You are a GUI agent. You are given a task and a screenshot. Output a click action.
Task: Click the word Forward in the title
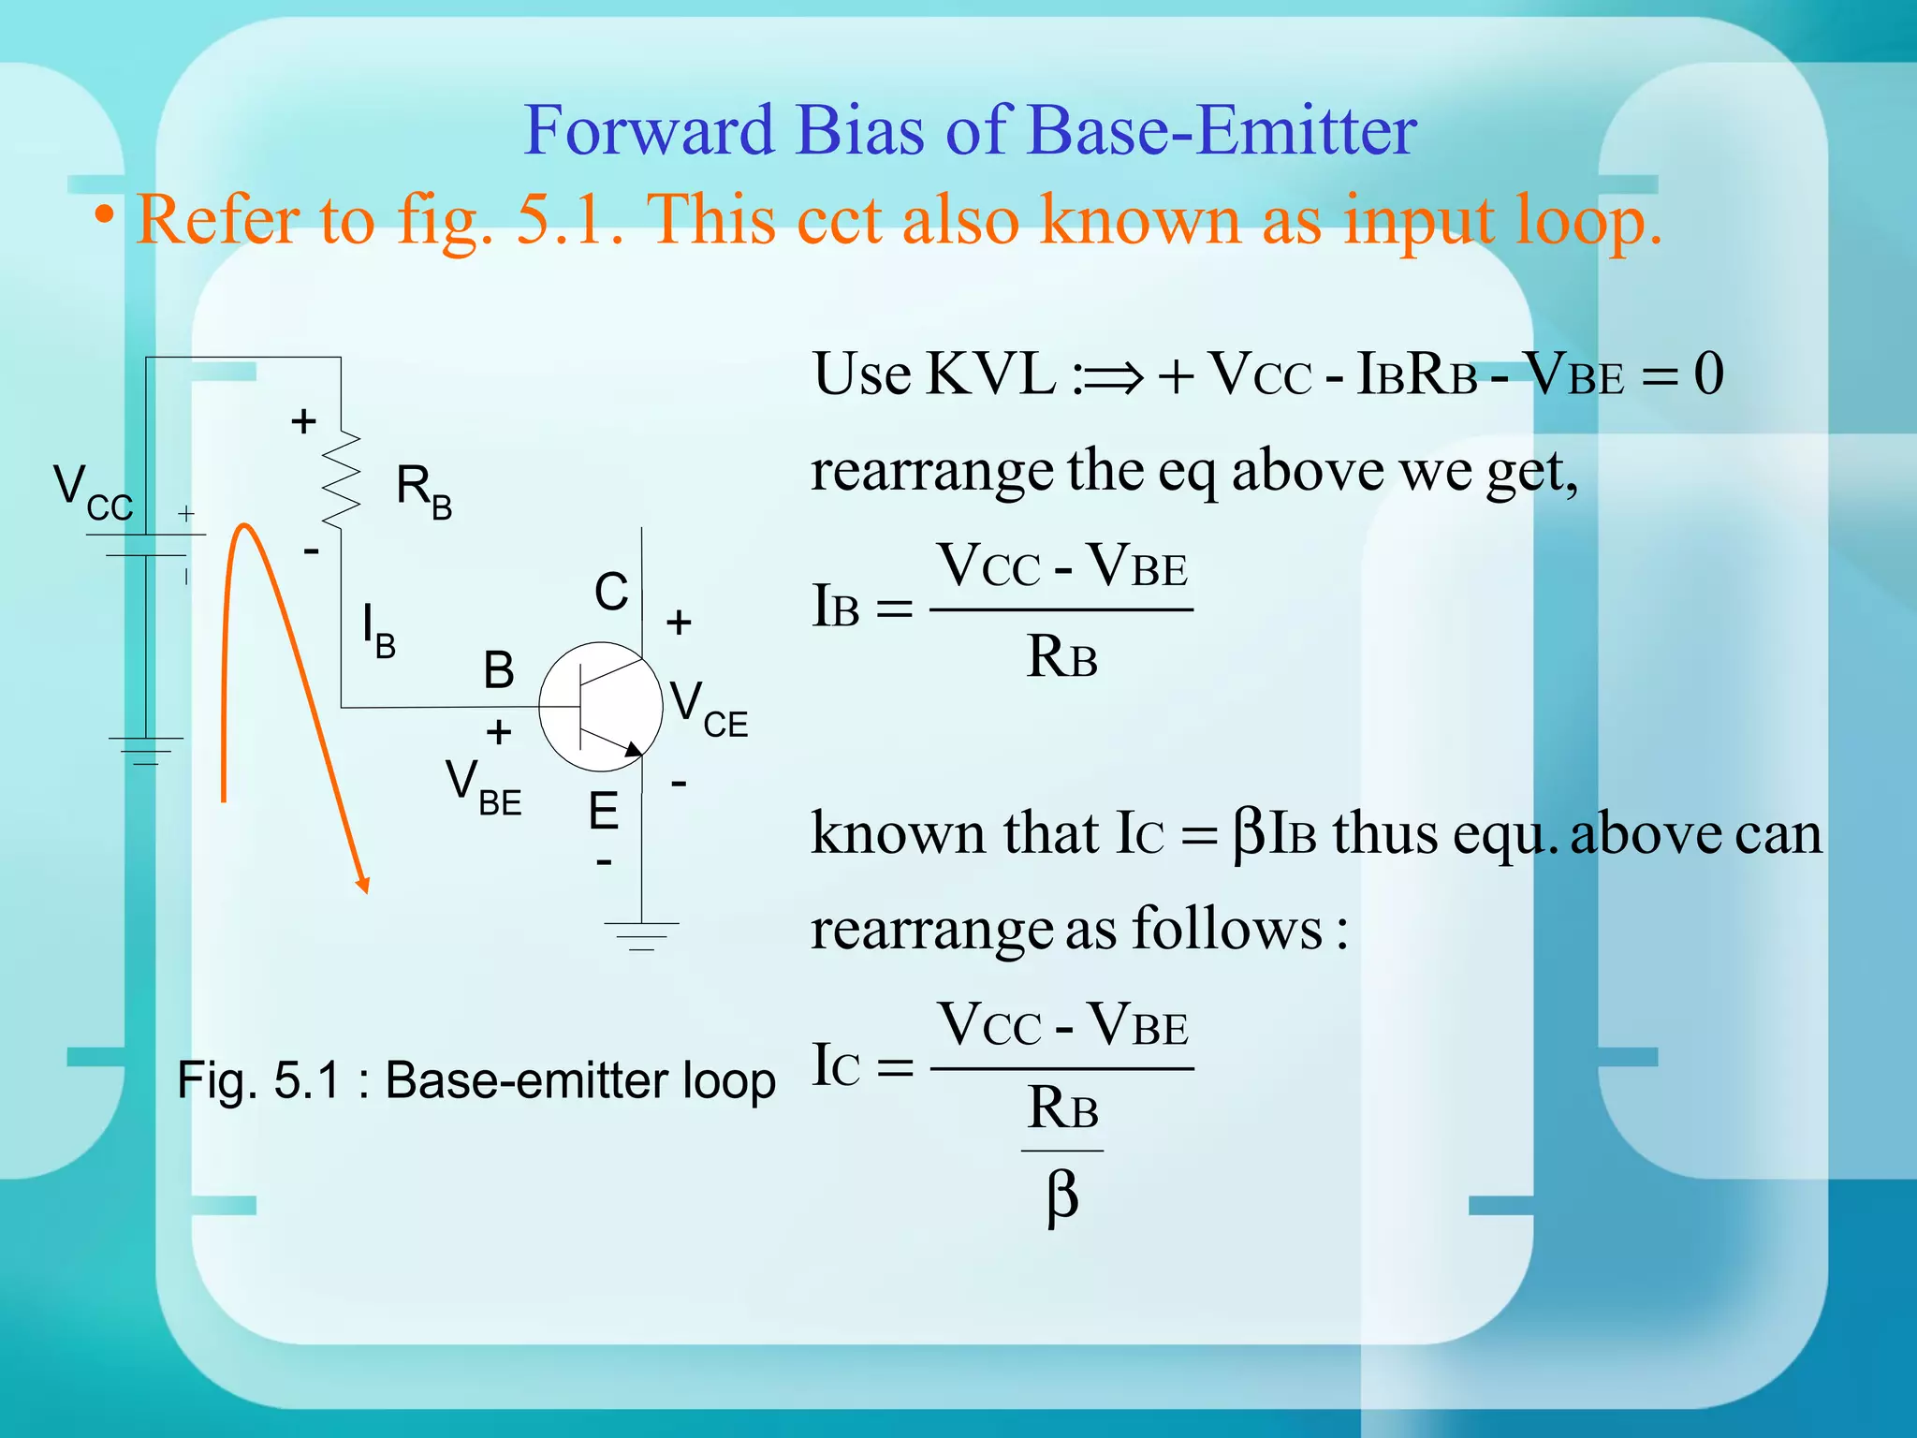648,131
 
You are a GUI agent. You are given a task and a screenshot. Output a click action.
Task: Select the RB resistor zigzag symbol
341,479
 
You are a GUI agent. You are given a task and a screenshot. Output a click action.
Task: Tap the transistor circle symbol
601,707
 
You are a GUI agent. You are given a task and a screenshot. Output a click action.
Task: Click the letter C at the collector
611,593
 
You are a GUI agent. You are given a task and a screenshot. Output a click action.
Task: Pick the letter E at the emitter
603,811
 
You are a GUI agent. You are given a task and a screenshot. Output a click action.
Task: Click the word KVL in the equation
990,374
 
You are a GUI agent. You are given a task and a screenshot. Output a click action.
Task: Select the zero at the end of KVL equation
1708,374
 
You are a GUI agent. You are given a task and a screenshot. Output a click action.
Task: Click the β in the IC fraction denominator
1062,1197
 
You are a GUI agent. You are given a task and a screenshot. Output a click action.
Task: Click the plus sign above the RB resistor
302,421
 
